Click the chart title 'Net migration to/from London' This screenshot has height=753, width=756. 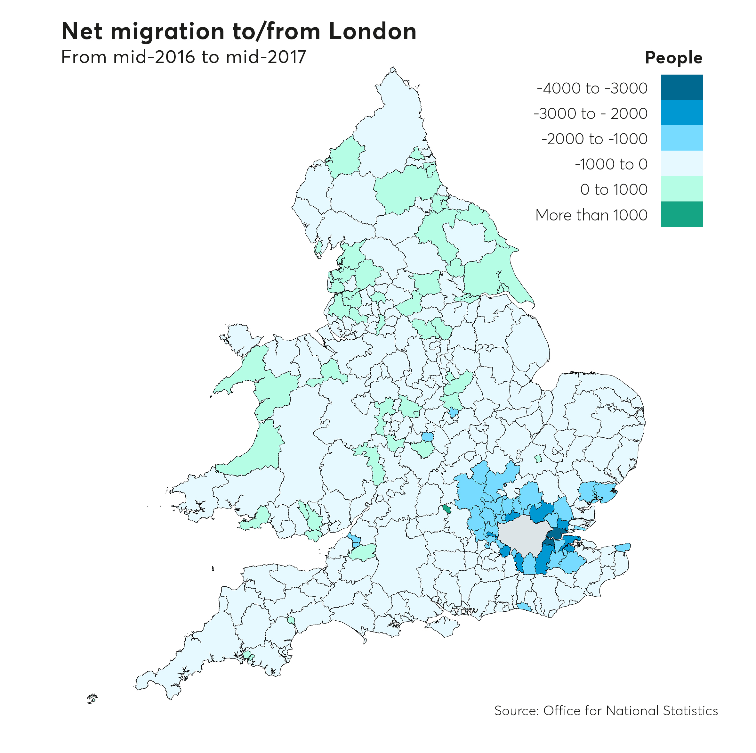(x=239, y=31)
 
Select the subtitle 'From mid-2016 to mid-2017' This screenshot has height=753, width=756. (x=183, y=57)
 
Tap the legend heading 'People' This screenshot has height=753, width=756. (x=673, y=58)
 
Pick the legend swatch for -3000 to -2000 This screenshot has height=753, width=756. (x=682, y=112)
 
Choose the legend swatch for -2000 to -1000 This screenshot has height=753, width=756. (x=682, y=138)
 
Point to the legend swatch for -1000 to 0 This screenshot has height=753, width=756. (x=682, y=163)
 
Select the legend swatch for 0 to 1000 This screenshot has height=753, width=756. (x=682, y=188)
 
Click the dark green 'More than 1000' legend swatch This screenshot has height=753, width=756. (x=682, y=214)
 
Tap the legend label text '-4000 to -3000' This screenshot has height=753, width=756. (x=592, y=88)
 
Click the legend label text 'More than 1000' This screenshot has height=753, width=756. (x=591, y=215)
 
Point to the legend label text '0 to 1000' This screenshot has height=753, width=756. (x=614, y=190)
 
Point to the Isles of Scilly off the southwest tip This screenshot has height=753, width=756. (x=92, y=698)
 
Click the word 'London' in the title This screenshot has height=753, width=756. (x=373, y=31)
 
